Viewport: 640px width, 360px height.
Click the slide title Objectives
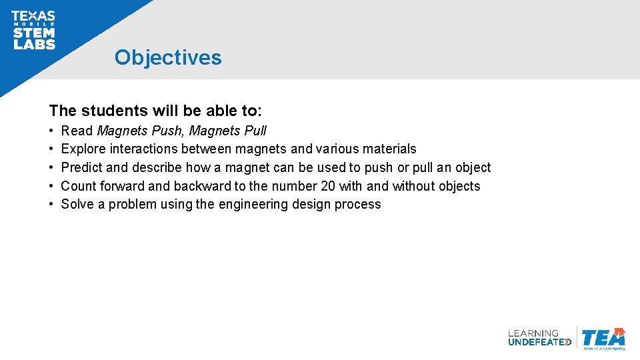pos(167,57)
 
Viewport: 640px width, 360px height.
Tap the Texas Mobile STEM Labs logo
pos(33,31)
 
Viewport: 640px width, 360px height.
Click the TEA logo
pos(603,338)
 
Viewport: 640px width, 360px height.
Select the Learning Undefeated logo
pos(539,337)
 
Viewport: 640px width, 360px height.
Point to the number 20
pos(327,186)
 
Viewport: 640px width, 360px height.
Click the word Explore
pos(83,149)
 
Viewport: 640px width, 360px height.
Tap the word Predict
pos(81,167)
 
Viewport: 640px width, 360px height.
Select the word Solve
pos(77,205)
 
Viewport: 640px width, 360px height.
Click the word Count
pos(79,186)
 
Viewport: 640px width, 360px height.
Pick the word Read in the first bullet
pos(77,131)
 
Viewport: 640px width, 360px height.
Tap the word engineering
pos(256,205)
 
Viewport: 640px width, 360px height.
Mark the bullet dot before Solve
pos(51,205)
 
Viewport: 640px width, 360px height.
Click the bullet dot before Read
pos(51,131)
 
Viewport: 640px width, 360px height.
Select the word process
pos(359,205)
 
